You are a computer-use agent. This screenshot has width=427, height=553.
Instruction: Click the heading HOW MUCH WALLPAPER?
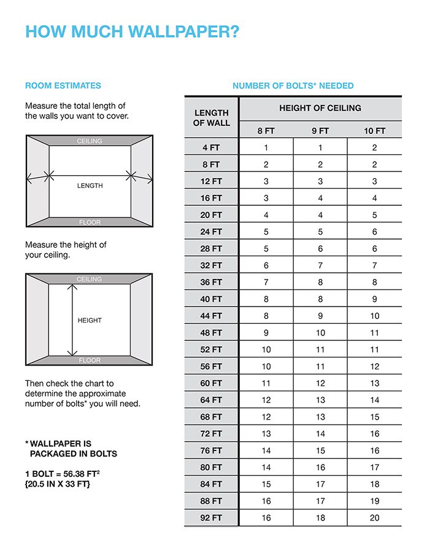[132, 32]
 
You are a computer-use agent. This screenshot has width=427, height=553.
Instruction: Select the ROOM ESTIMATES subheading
[63, 85]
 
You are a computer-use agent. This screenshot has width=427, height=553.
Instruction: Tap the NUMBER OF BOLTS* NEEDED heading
[293, 85]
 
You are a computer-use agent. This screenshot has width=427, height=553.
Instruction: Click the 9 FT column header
[320, 131]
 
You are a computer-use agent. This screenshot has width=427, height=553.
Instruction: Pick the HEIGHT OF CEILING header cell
[320, 108]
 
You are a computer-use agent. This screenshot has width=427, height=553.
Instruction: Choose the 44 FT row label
[211, 316]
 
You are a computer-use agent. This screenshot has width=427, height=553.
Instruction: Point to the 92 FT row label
[211, 518]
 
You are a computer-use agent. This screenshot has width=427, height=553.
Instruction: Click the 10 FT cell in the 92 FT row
[374, 518]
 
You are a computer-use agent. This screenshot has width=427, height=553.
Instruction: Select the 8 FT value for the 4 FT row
[266, 147]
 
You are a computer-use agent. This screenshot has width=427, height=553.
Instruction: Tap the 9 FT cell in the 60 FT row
[320, 383]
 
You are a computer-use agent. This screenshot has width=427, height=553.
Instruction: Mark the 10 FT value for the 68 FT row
[374, 417]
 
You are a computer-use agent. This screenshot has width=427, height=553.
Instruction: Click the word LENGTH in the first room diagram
[90, 186]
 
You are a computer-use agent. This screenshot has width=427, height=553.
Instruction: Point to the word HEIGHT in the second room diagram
[90, 320]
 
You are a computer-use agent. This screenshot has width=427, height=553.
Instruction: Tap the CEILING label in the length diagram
[90, 141]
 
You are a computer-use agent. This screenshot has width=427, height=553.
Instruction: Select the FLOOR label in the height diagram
[90, 360]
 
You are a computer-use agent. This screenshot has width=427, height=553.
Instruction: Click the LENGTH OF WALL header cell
[211, 117]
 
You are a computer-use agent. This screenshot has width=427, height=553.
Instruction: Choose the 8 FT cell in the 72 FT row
[266, 434]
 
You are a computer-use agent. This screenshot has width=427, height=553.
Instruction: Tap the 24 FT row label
[211, 232]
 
